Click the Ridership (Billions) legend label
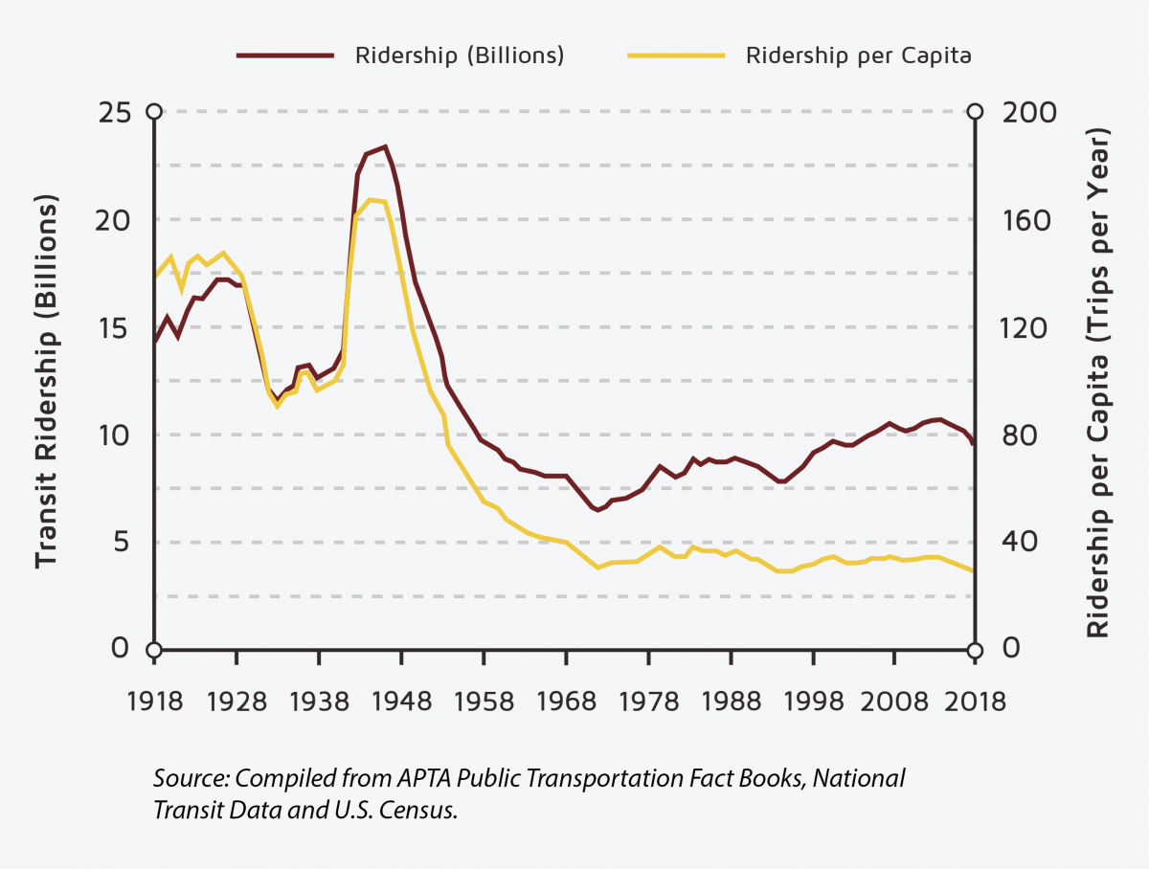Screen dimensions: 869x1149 pos(460,55)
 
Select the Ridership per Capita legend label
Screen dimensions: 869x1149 pos(859,55)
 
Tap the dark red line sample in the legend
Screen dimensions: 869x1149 pos(285,55)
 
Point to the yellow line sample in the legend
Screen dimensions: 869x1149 pos(675,55)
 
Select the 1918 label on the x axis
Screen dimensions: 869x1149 pos(154,702)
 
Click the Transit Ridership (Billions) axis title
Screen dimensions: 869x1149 pos(46,381)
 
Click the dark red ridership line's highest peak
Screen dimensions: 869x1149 pos(384,146)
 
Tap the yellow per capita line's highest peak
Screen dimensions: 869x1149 pos(371,199)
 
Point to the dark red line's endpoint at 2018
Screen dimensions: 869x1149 pos(973,443)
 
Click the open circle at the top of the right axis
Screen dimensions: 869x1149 pos(974,112)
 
